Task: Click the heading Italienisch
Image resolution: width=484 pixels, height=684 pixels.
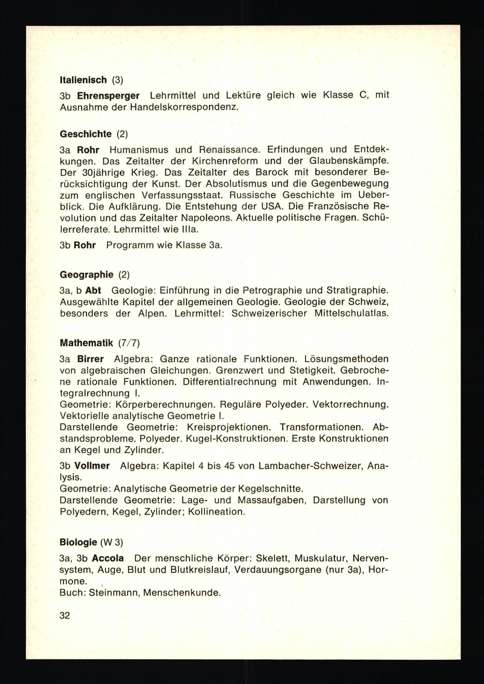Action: (x=83, y=80)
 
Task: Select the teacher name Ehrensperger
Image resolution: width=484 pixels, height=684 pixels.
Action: (x=108, y=96)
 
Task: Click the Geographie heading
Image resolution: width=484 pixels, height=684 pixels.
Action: (x=86, y=274)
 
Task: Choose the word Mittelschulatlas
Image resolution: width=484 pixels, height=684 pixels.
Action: (x=351, y=313)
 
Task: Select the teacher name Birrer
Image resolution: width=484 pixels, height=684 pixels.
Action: (x=90, y=359)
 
